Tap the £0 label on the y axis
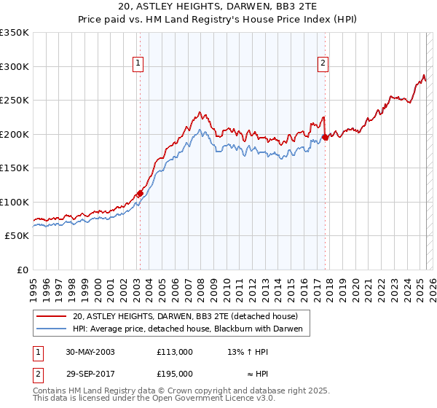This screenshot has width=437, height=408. coord(23,270)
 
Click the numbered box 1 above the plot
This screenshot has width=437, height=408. coord(138,63)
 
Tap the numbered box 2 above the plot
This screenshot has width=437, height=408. coord(322,63)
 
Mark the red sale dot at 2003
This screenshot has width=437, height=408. coord(140,193)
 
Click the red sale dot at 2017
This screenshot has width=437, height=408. coord(325,137)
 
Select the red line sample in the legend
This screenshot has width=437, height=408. coord(52,316)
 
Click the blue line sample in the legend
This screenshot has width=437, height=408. coord(52,329)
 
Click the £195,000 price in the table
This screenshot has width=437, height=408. coord(175,373)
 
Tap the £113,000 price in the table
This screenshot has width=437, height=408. coord(175,352)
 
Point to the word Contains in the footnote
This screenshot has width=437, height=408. coord(50,391)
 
